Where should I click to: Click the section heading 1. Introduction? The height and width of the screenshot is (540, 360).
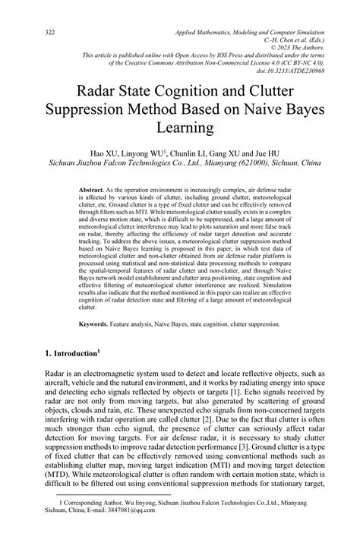click(x=68, y=355)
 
